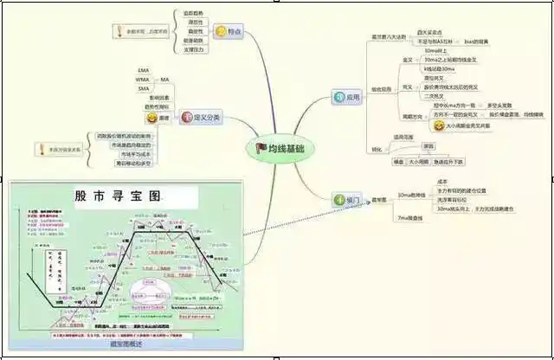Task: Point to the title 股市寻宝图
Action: coord(118,196)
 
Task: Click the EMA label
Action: coord(143,69)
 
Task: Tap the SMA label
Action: coord(143,88)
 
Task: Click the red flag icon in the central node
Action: coord(261,149)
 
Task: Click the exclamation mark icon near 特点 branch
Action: coord(119,31)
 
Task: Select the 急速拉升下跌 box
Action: coord(449,161)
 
